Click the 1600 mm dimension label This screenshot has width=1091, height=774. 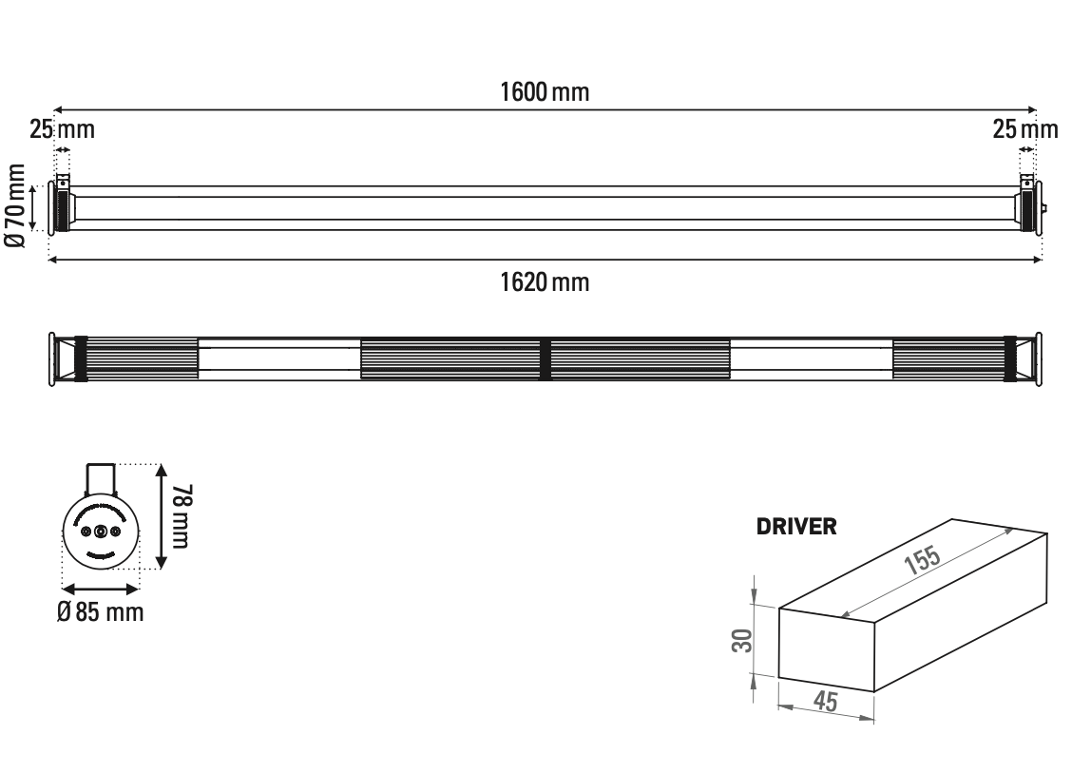[x=545, y=92]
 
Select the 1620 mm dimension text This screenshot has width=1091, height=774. [x=545, y=281]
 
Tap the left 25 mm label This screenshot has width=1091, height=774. [x=62, y=128]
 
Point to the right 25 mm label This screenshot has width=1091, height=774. [x=1025, y=128]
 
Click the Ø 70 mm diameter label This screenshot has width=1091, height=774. [x=15, y=206]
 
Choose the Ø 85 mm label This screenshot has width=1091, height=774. [x=100, y=611]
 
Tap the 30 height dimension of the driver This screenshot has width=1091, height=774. [x=746, y=640]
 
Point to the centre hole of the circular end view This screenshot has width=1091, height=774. [x=100, y=532]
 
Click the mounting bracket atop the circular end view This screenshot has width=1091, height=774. [x=101, y=477]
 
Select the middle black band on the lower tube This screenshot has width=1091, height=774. [x=545, y=358]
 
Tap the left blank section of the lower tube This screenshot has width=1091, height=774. [x=278, y=358]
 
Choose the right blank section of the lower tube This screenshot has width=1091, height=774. [x=812, y=358]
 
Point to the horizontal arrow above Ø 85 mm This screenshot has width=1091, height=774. [x=100, y=590]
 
